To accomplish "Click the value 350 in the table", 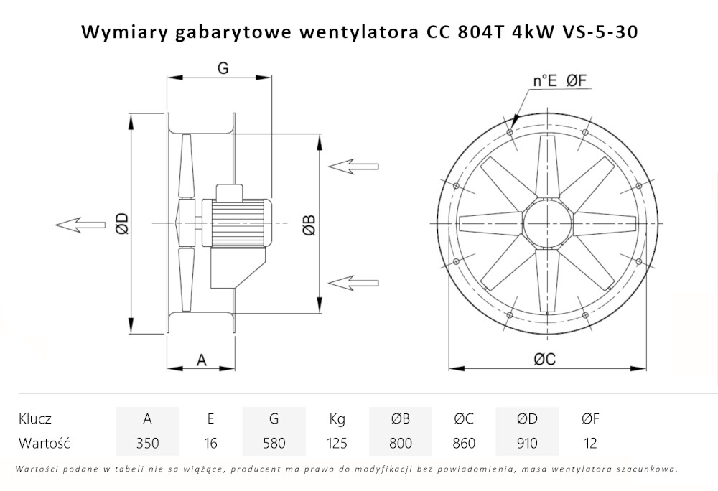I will (x=147, y=443).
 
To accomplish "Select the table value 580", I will (x=274, y=443).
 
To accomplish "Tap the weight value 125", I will (x=337, y=443).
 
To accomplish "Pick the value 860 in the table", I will (x=464, y=443).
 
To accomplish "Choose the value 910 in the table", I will (x=527, y=443).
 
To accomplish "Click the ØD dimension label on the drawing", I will (x=121, y=224).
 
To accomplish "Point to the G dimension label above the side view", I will (x=223, y=67).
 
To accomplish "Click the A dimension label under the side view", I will (x=202, y=360).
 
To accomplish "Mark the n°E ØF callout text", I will (x=560, y=81).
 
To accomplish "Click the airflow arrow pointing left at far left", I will (x=79, y=224).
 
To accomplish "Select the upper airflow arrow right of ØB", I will (x=353, y=166).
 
